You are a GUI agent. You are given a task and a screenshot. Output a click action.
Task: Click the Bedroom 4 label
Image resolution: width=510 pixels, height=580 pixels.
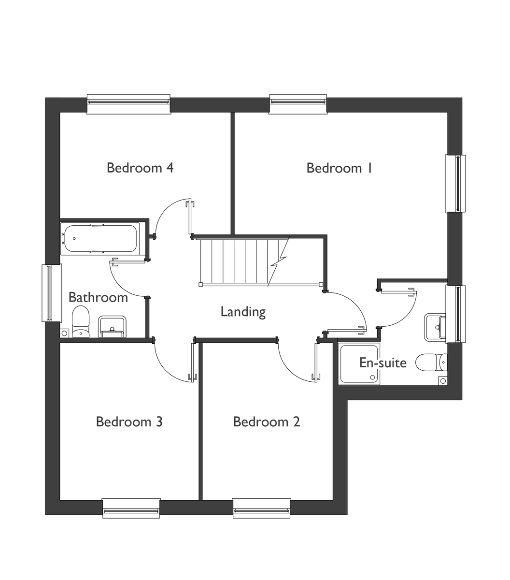140,168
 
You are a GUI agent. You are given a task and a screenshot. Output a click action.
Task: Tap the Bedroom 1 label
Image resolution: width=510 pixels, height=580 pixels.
340,168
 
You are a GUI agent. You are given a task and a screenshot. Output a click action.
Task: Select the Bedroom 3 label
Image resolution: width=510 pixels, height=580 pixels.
129,421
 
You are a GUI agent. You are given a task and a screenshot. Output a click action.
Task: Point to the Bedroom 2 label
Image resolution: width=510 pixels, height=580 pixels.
267,421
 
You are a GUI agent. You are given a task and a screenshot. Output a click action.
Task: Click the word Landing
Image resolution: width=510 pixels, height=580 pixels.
243,312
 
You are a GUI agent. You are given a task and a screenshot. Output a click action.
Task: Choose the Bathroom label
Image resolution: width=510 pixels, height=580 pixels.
98,297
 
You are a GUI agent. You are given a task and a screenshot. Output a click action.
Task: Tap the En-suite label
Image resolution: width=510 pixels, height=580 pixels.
383,362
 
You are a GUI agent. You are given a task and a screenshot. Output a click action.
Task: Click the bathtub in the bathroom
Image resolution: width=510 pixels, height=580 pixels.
99,238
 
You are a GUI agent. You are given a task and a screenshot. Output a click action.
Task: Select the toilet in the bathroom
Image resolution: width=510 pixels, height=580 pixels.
81,321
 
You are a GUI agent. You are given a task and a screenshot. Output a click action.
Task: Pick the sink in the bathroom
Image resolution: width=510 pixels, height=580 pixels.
112,326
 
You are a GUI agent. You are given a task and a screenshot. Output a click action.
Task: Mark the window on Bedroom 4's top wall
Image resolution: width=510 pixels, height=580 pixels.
128,103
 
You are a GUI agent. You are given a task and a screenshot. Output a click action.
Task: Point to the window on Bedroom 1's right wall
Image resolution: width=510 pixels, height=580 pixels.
455,183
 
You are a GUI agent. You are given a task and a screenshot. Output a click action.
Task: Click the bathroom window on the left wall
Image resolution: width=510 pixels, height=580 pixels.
52,293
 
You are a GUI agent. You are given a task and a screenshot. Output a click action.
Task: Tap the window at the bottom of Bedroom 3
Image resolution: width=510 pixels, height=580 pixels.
131,508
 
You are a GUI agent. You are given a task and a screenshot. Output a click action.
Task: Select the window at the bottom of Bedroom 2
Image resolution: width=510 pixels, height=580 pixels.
261,508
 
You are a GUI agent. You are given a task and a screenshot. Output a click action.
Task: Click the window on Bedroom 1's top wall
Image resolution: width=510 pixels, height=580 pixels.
298,103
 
